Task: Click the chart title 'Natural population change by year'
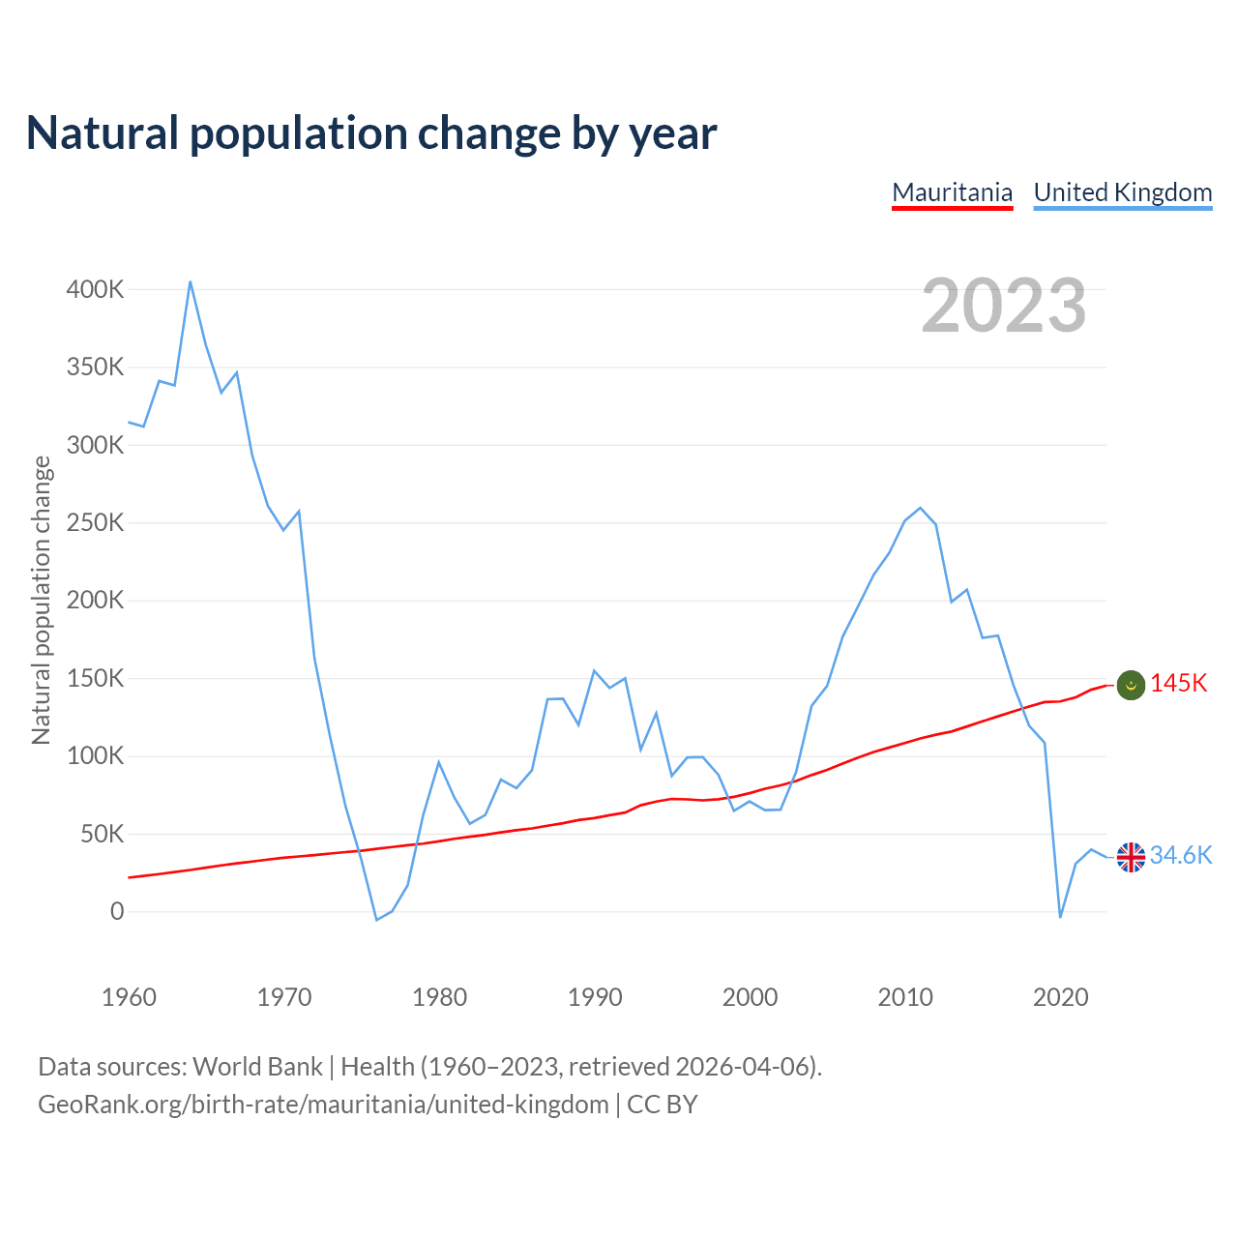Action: tap(371, 133)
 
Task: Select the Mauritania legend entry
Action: tap(952, 192)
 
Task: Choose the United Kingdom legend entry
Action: tap(1122, 192)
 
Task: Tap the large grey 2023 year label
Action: tap(1003, 306)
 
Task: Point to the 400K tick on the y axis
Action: tap(95, 289)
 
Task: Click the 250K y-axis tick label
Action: tap(95, 522)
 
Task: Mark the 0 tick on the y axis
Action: tap(117, 911)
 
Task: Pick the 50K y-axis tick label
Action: tap(102, 834)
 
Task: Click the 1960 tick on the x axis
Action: tap(129, 997)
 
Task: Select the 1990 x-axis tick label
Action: tap(595, 997)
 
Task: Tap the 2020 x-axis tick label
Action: tap(1060, 997)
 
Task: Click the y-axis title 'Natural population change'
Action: tap(41, 601)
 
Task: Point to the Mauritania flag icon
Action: tap(1131, 685)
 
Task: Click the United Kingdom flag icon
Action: tap(1131, 857)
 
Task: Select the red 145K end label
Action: tap(1179, 684)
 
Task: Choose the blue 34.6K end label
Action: tap(1181, 856)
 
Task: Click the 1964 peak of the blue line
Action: tap(191, 281)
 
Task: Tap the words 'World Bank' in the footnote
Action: tap(257, 1067)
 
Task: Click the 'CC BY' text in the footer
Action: tap(663, 1105)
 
